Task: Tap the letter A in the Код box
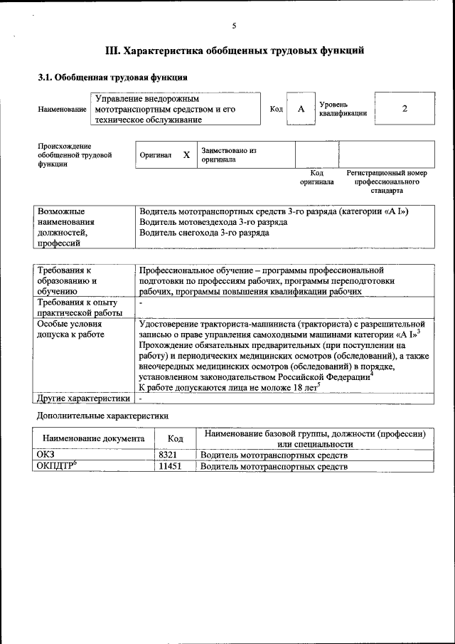click(301, 109)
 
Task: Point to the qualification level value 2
click(405, 109)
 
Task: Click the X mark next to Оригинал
click(186, 154)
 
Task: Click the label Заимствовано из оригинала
click(229, 155)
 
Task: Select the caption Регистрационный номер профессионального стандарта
click(386, 181)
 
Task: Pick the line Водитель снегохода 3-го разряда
click(205, 232)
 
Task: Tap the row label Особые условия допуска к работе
click(71, 329)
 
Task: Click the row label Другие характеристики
click(84, 398)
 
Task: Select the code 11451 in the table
click(168, 466)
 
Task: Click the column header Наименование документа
click(94, 439)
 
